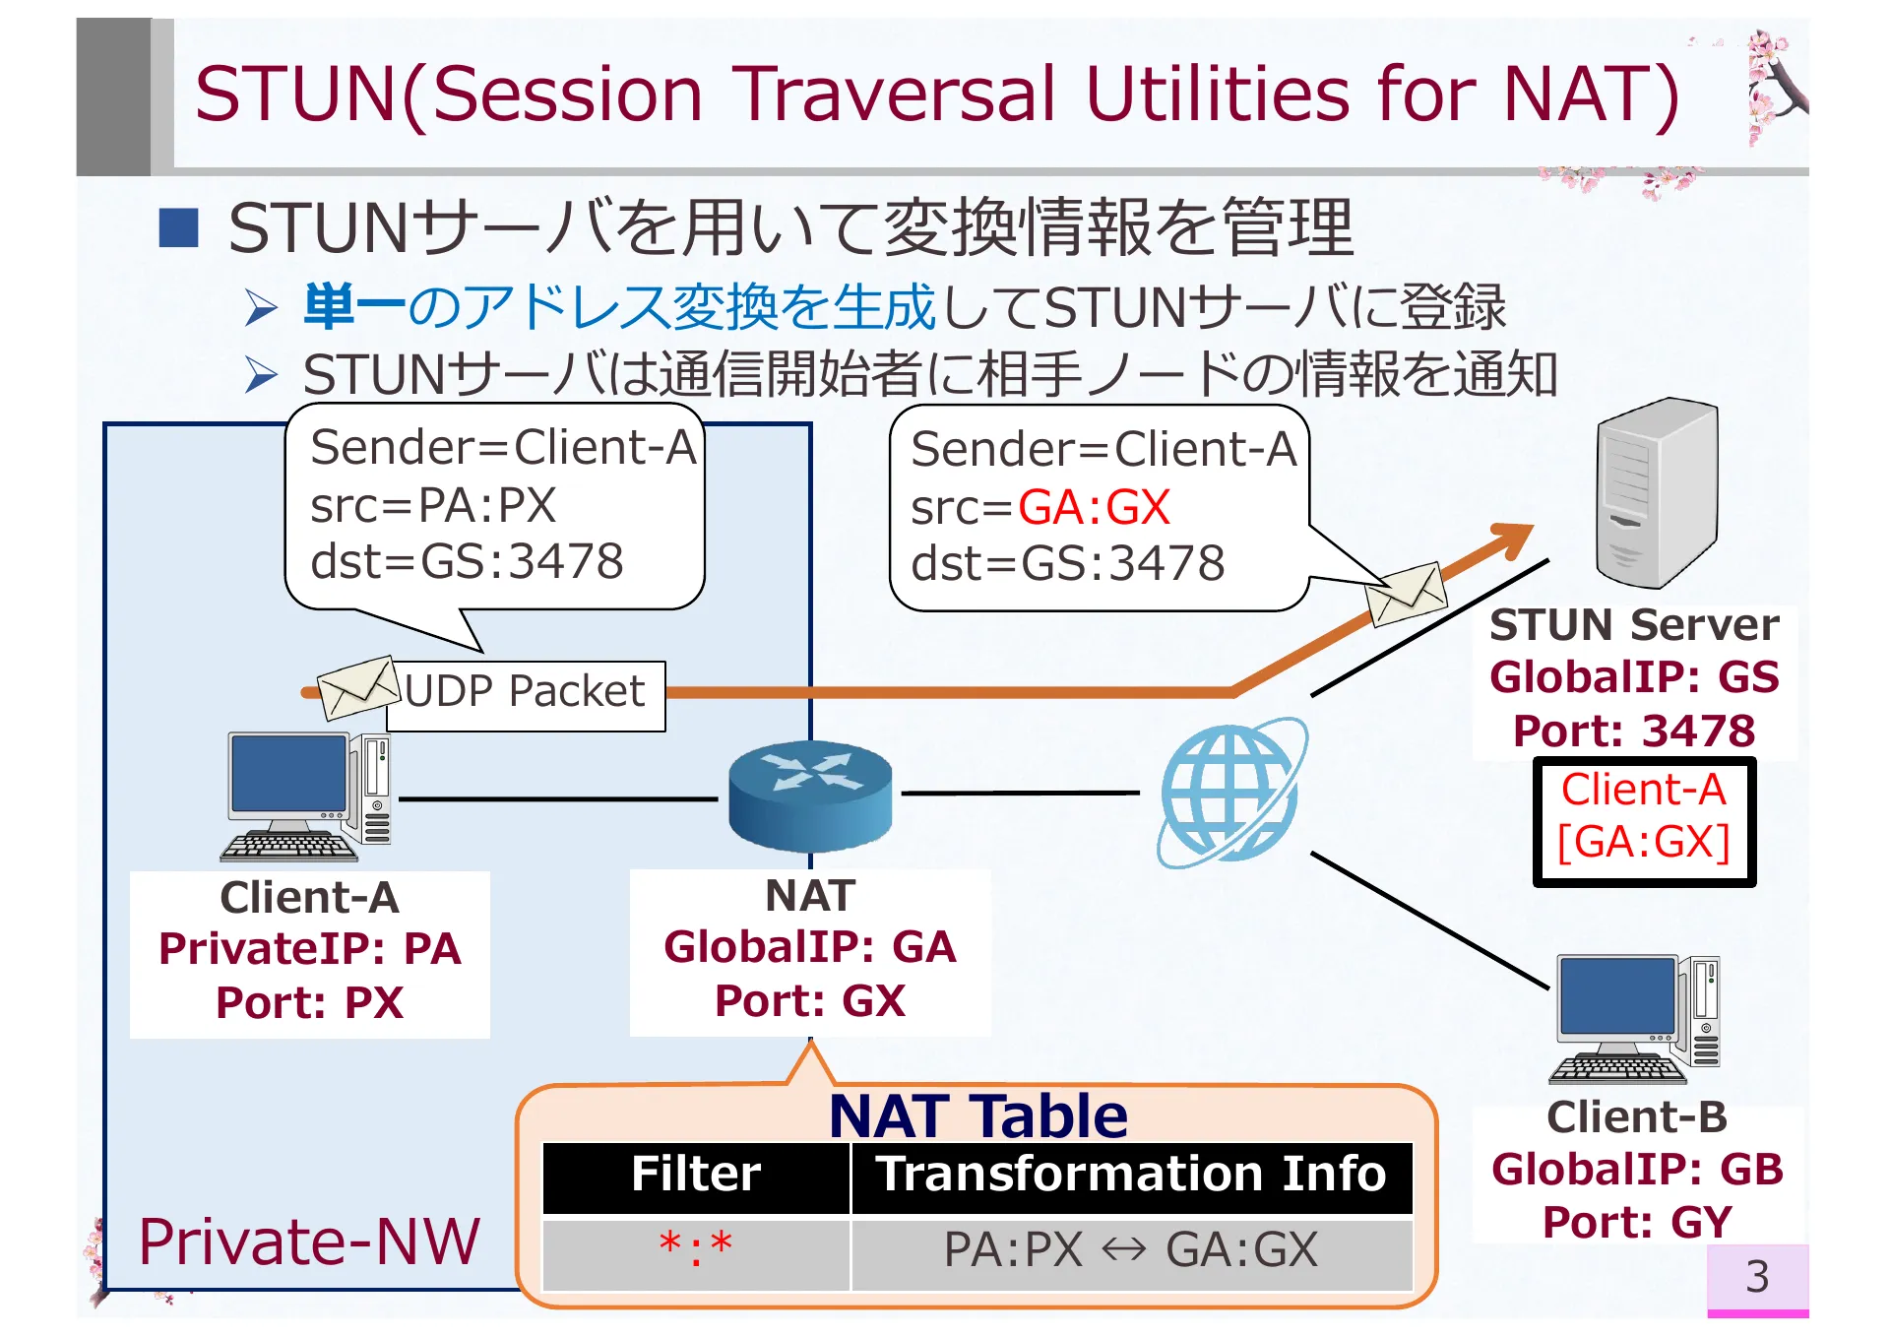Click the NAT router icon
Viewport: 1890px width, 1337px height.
tap(810, 796)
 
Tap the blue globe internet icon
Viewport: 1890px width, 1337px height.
tap(1230, 794)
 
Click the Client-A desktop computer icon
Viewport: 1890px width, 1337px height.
tap(308, 796)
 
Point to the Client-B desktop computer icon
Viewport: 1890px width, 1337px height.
tap(1635, 1018)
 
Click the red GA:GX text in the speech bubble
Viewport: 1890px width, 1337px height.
tap(1094, 508)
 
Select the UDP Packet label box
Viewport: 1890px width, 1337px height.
tap(526, 695)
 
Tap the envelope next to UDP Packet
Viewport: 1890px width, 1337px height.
tap(357, 687)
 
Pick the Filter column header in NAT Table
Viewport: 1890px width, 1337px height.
tap(696, 1176)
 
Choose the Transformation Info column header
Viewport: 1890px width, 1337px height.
tap(1131, 1176)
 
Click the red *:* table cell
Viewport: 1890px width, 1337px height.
tap(696, 1250)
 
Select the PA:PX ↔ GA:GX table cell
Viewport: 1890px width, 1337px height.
tap(1131, 1250)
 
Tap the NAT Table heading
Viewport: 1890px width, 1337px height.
tap(977, 1115)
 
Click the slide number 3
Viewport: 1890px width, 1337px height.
tap(1757, 1277)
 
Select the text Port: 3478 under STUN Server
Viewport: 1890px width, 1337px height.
tap(1634, 731)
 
